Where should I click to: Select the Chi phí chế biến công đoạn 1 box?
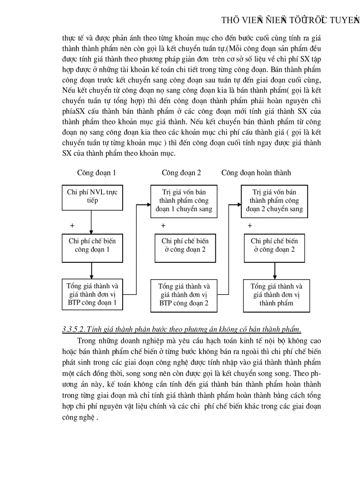point(92,246)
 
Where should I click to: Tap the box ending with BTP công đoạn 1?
point(92,294)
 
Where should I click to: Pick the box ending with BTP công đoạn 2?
point(184,295)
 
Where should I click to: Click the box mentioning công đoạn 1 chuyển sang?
point(184,201)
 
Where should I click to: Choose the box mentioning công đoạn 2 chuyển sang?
point(274,201)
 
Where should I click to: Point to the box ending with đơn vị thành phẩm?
point(277,295)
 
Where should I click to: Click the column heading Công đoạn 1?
point(97,173)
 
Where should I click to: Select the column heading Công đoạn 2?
point(181,173)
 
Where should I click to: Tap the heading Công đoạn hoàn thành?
point(256,173)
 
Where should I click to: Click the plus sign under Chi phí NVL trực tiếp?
point(72,225)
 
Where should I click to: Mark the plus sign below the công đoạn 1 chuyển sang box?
point(163,226)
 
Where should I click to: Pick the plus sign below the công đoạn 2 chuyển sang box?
point(250,226)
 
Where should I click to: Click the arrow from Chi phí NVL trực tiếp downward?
point(91,222)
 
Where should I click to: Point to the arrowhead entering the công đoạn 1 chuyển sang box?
point(148,204)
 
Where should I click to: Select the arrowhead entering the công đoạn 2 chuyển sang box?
point(238,204)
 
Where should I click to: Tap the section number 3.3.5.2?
point(74,329)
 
